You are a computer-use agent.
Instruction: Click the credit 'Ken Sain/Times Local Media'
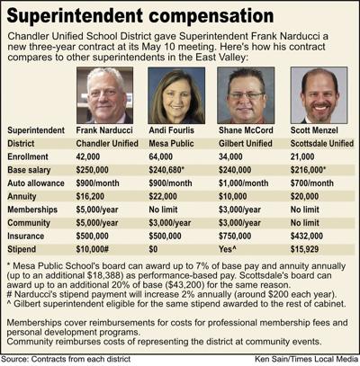(x=306, y=359)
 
